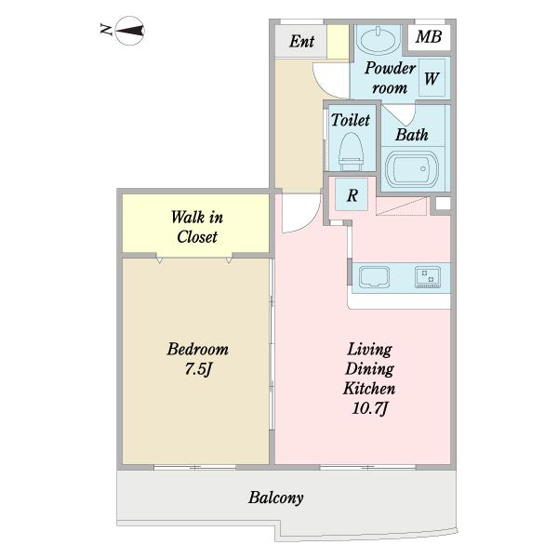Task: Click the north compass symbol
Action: point(129,31)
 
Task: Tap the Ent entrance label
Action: point(301,41)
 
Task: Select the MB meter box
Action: point(429,36)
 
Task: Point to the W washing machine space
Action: point(432,78)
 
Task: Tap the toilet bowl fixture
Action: point(351,152)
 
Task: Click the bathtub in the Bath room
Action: point(412,168)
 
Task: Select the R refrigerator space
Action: point(352,194)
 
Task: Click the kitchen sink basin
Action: point(374,277)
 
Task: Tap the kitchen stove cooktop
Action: point(428,277)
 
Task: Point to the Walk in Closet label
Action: point(197,227)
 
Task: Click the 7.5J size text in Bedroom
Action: point(198,369)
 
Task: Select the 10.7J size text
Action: point(369,407)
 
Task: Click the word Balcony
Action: point(276,498)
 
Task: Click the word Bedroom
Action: point(198,349)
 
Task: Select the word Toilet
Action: point(351,120)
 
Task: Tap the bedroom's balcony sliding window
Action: point(195,467)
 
